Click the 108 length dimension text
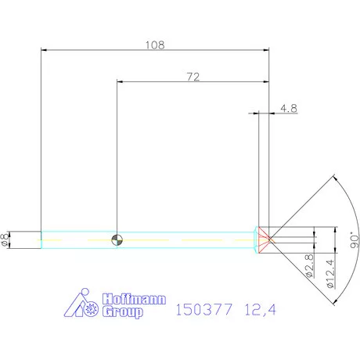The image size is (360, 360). point(155,45)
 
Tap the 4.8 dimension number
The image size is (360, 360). point(288,109)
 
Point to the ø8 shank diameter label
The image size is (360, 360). point(7,239)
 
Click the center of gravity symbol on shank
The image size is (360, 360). point(117,239)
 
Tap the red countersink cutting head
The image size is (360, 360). point(264,239)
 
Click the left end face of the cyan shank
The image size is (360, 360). point(41,239)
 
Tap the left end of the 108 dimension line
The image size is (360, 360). point(42,51)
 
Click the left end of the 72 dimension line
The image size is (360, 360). point(118,81)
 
